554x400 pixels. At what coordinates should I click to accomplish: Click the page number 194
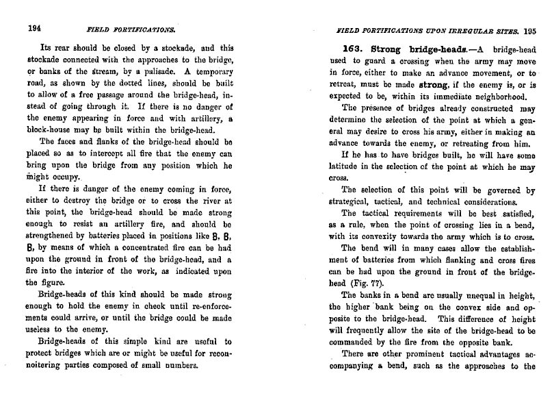click(35, 29)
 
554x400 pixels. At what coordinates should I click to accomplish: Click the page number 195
click(530, 30)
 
